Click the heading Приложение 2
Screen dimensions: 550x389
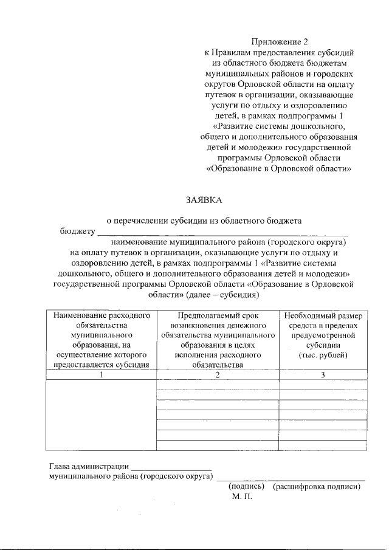(278, 42)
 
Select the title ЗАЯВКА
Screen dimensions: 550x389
(204, 199)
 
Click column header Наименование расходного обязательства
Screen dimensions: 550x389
(102, 315)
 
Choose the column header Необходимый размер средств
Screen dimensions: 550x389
(323, 315)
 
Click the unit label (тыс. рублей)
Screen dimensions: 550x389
(323, 354)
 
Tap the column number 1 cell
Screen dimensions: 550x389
(102, 374)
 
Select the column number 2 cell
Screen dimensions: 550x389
(218, 374)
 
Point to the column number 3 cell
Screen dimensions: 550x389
(323, 374)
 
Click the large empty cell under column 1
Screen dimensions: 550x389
(102, 416)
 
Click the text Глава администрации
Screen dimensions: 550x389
(88, 466)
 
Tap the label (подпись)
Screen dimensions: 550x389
(246, 486)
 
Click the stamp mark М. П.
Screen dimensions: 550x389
(241, 497)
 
